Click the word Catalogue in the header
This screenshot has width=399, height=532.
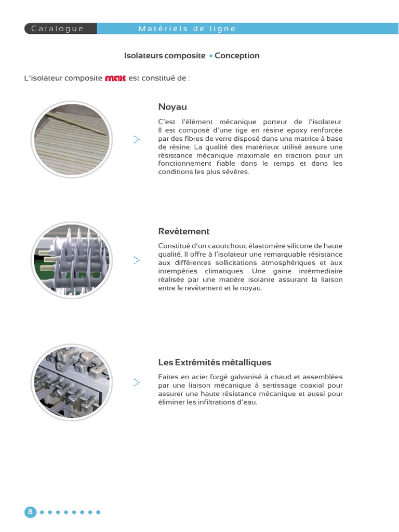[x=57, y=29]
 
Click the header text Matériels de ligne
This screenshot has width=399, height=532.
[x=187, y=29]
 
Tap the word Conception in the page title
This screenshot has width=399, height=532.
[x=237, y=56]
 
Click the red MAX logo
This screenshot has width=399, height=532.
[x=115, y=78]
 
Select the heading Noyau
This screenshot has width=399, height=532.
[x=172, y=107]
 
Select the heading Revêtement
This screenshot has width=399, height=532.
[x=184, y=231]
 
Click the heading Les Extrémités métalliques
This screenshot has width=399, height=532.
[x=215, y=362]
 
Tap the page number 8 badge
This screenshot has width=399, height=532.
[x=30, y=512]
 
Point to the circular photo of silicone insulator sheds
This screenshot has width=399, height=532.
[x=72, y=260]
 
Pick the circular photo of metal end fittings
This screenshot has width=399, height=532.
[x=72, y=382]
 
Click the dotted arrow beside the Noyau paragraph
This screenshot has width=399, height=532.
[x=137, y=139]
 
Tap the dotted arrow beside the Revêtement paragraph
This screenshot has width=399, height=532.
[x=137, y=260]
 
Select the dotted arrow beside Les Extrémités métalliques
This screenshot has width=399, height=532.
[x=137, y=383]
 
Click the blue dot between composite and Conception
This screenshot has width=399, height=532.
[x=211, y=56]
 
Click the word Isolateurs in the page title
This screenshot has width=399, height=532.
[x=143, y=56]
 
